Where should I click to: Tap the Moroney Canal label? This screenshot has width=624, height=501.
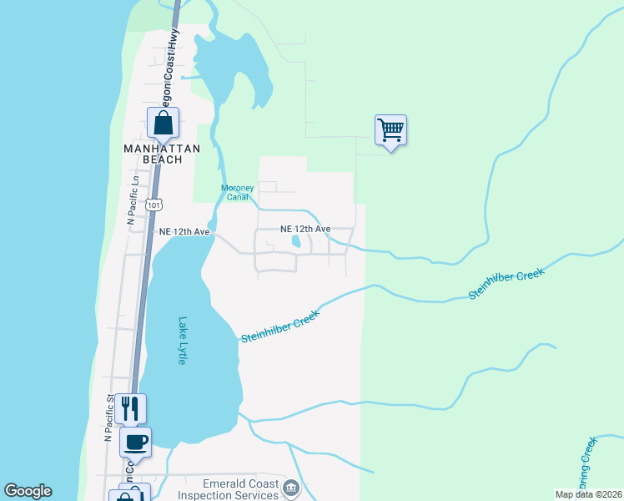pyautogui.click(x=237, y=192)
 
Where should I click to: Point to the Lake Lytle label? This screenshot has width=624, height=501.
pyautogui.click(x=183, y=341)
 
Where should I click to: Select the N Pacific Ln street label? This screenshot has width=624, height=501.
pyautogui.click(x=131, y=205)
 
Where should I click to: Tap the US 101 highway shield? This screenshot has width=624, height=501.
pyautogui.click(x=153, y=204)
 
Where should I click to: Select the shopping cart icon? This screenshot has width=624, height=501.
pyautogui.click(x=390, y=129)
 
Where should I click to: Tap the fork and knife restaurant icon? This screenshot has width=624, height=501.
pyautogui.click(x=129, y=407)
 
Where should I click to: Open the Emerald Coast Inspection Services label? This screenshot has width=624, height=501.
pyautogui.click(x=227, y=488)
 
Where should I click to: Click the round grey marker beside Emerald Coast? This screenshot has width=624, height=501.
pyautogui.click(x=290, y=488)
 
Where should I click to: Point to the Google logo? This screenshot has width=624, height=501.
pyautogui.click(x=28, y=491)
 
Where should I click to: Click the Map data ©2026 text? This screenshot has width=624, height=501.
pyautogui.click(x=588, y=494)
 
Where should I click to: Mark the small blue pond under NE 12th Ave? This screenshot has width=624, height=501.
pyautogui.click(x=296, y=242)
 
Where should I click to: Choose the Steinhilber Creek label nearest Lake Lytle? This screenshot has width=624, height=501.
pyautogui.click(x=280, y=325)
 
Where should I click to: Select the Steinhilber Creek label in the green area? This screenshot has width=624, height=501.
pyautogui.click(x=506, y=284)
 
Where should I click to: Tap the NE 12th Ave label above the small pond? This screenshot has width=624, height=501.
pyautogui.click(x=305, y=229)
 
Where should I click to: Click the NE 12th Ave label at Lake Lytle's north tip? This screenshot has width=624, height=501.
pyautogui.click(x=184, y=231)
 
